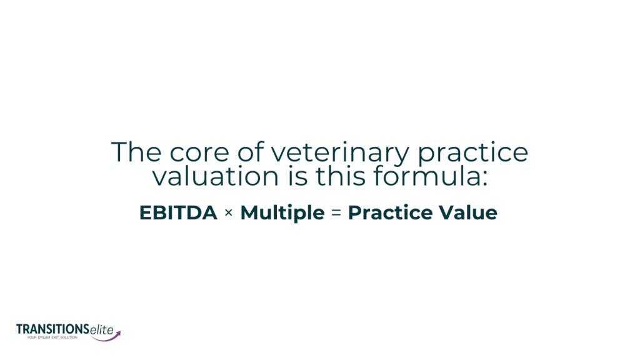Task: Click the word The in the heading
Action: tap(136, 152)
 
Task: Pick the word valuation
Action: tap(216, 176)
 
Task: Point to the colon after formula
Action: tap(484, 180)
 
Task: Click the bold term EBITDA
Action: tap(178, 212)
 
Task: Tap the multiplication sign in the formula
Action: tap(229, 212)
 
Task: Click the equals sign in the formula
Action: tap(336, 212)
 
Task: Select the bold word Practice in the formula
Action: tap(390, 212)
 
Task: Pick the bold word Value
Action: tap(468, 212)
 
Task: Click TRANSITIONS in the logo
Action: tap(52, 329)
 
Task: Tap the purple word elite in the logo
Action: tap(102, 330)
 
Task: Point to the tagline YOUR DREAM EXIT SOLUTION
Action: tap(52, 337)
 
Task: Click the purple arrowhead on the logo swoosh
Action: tap(118, 334)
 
